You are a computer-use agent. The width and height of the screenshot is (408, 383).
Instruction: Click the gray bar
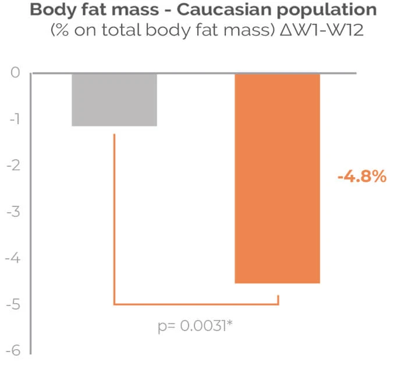coord(114,99)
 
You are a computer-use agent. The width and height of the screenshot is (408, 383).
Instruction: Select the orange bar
coord(277,178)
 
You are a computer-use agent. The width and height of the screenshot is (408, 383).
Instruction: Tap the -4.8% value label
coord(361,177)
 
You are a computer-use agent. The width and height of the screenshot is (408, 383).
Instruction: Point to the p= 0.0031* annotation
coord(196,326)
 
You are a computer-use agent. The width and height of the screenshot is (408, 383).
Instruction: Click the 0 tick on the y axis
coord(16,73)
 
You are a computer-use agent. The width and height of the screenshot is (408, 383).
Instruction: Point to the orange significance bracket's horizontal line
coord(196,304)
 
